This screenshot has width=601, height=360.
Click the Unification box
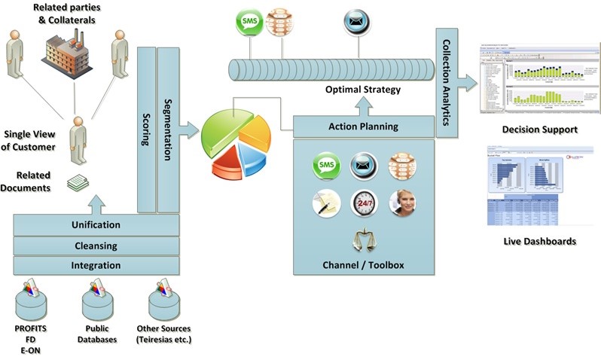[96, 224]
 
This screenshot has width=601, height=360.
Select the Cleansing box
[96, 245]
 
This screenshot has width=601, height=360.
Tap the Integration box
[96, 265]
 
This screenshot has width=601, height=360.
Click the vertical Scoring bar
[147, 128]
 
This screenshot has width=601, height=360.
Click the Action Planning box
[364, 127]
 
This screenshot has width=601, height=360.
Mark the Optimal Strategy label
[363, 90]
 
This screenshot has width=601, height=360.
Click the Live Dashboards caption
[539, 241]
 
